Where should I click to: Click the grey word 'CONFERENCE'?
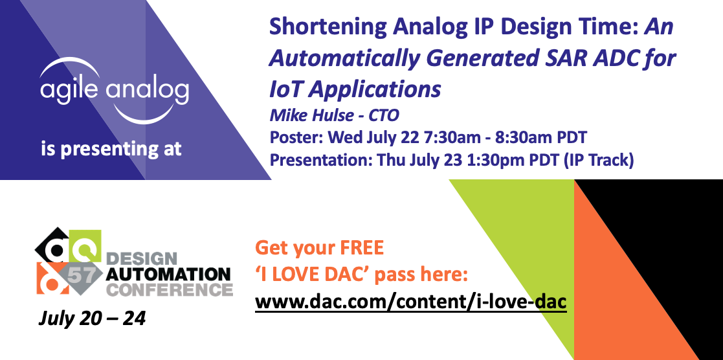pos(169,288)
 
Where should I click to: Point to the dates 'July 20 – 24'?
pos(92,319)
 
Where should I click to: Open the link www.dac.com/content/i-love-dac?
pos(411,302)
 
